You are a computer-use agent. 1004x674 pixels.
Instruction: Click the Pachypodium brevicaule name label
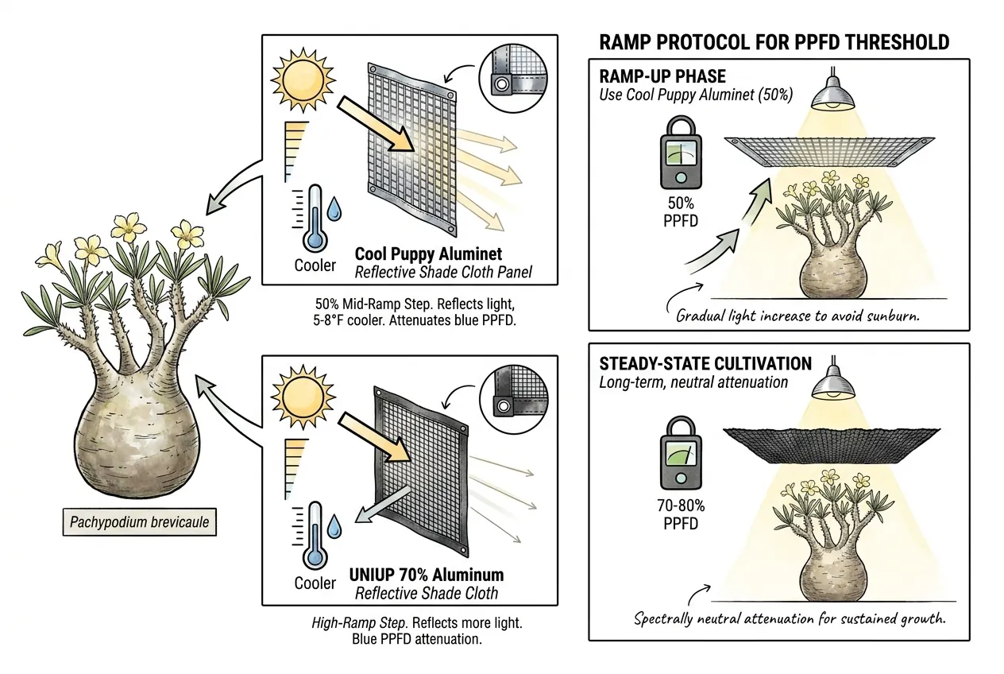point(139,522)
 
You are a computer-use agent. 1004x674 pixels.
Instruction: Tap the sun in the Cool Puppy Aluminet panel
point(303,80)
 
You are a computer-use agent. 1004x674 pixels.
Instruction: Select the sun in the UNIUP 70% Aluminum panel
point(303,397)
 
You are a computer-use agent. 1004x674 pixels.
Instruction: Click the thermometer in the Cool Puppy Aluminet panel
point(315,218)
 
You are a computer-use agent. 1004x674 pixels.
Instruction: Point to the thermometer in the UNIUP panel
point(315,535)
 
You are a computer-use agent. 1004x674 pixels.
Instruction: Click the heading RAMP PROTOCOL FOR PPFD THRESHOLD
point(774,43)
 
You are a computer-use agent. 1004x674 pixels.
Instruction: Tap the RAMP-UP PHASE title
point(662,76)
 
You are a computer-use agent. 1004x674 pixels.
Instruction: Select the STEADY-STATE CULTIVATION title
point(705,364)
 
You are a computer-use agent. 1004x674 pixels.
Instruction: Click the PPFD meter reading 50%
point(681,153)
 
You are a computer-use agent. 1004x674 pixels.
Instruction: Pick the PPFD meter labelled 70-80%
point(681,453)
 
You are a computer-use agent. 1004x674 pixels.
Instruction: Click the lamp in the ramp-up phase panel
point(832,93)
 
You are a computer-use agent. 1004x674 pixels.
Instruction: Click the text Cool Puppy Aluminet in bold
point(428,254)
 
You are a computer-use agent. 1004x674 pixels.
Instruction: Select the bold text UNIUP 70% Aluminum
point(427,575)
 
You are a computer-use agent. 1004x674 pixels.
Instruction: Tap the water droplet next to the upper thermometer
point(334,209)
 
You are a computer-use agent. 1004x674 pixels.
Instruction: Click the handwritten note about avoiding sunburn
point(797,316)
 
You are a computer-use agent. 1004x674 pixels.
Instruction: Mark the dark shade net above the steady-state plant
point(832,445)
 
